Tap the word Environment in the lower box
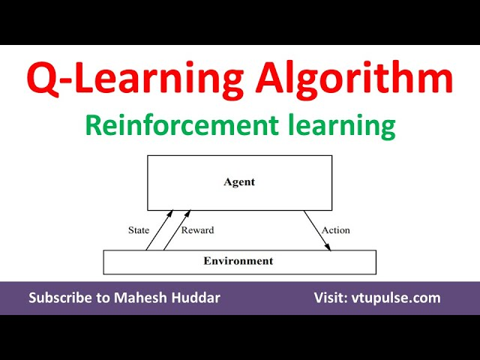[x=238, y=261]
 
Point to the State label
[x=139, y=230]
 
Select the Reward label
[x=197, y=230]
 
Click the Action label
[x=335, y=230]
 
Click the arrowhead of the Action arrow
[x=328, y=247]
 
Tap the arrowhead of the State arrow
[x=170, y=213]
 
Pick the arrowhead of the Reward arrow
[x=187, y=213]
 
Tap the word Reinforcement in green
[x=181, y=125]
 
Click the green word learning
[x=342, y=127]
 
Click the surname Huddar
[x=196, y=298]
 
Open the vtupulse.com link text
[x=396, y=298]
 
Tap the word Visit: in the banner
[x=331, y=298]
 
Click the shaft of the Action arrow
[x=317, y=230]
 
